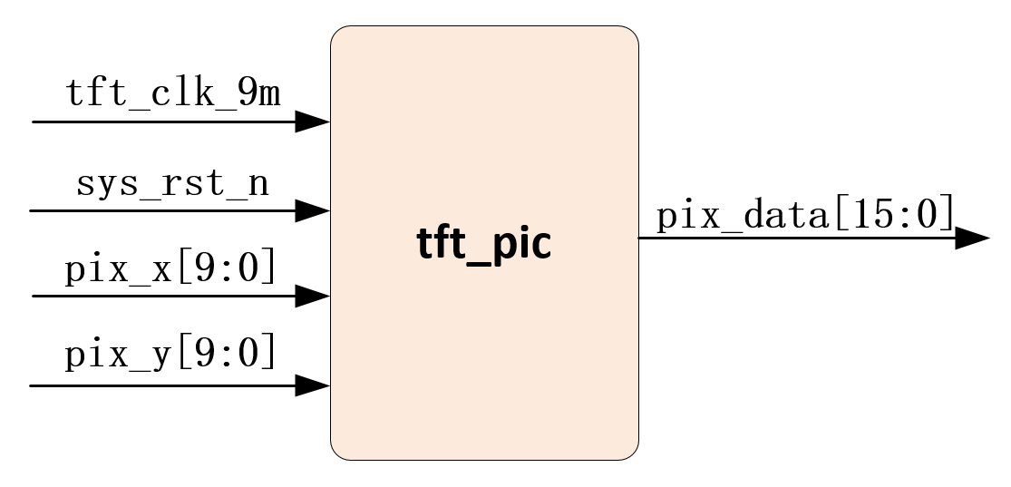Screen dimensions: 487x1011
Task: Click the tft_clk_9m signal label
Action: pyautogui.click(x=173, y=93)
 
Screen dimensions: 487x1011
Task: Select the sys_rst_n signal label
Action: pyautogui.click(x=172, y=184)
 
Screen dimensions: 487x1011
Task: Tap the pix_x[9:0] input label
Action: pyautogui.click(x=170, y=270)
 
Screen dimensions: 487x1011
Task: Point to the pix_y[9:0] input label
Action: pyautogui.click(x=170, y=355)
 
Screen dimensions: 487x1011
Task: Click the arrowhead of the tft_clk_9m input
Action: pyautogui.click(x=313, y=122)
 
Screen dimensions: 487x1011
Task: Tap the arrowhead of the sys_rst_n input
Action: pyautogui.click(x=313, y=211)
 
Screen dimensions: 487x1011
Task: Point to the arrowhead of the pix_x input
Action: pyautogui.click(x=313, y=296)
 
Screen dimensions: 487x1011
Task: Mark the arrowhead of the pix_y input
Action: pyautogui.click(x=313, y=385)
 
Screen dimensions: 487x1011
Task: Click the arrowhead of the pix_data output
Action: pyautogui.click(x=972, y=239)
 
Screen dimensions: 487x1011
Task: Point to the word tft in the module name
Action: pyautogui.click(x=440, y=243)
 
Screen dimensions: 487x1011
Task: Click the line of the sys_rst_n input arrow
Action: pyautogui.click(x=163, y=211)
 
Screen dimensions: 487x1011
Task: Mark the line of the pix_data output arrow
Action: pyautogui.click(x=798, y=239)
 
